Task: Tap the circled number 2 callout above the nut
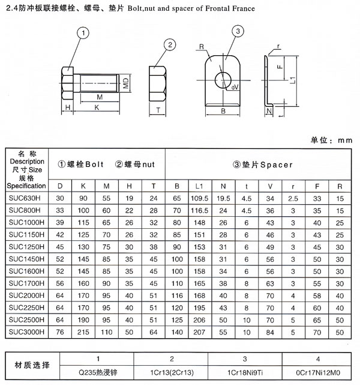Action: (x=171, y=44)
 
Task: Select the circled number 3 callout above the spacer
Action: (x=238, y=32)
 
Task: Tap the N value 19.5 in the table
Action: (x=223, y=198)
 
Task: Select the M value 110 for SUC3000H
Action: (x=106, y=332)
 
